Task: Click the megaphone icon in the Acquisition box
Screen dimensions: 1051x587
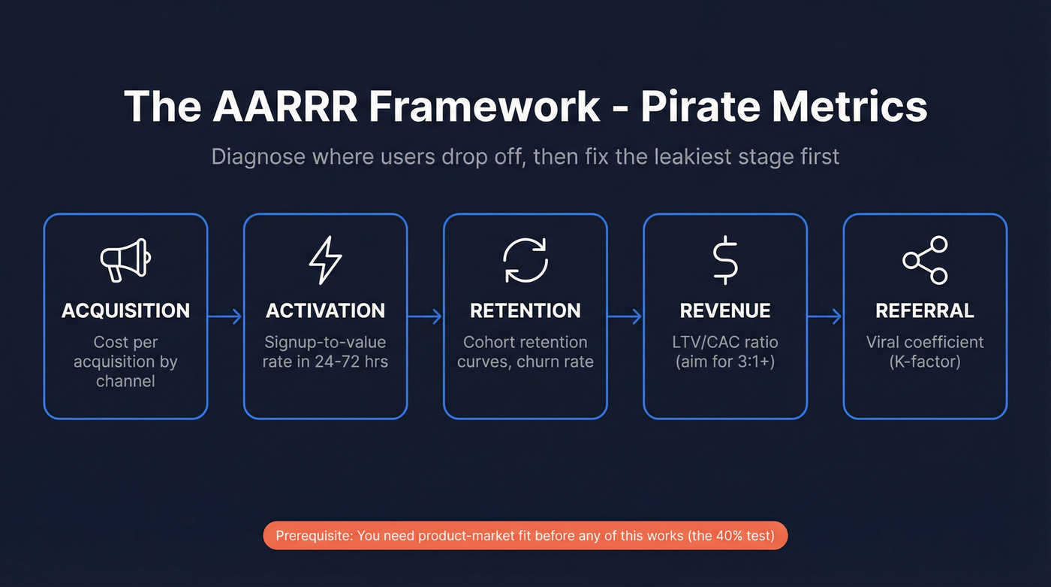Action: [125, 260]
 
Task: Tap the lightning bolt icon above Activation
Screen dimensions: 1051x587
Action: [325, 260]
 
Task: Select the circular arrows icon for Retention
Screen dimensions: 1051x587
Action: [525, 260]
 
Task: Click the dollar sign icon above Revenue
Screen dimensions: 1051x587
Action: [725, 260]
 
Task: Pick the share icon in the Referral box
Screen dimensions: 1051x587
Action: [925, 260]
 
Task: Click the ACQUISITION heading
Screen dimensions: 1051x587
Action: [125, 310]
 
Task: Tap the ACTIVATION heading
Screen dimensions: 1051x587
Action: [325, 310]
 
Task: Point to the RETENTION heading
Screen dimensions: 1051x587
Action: [525, 310]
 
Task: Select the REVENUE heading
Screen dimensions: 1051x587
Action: [725, 310]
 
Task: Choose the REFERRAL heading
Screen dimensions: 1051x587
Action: [925, 310]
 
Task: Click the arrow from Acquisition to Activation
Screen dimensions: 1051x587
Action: [225, 316]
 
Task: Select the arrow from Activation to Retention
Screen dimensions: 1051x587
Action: [425, 316]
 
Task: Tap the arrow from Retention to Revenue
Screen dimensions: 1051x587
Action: [625, 316]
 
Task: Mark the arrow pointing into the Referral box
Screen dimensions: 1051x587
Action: [824, 316]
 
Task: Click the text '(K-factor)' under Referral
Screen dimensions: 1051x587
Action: [925, 362]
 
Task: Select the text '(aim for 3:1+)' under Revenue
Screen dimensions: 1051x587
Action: [725, 362]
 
